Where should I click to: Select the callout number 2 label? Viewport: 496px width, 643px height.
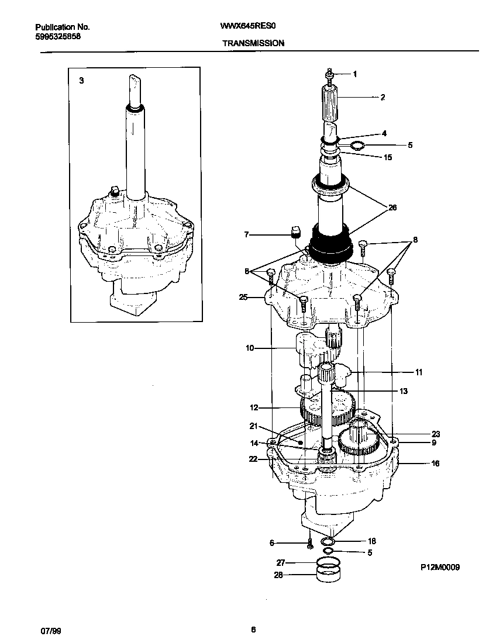tap(383, 98)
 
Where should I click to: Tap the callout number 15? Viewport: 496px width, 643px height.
tap(387, 157)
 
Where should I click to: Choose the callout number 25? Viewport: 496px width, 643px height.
tap(243, 298)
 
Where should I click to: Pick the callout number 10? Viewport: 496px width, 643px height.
tap(250, 348)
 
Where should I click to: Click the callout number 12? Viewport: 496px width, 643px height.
tap(254, 407)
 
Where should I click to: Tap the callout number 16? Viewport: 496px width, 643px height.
tap(435, 464)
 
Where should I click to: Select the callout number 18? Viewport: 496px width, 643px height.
tap(372, 541)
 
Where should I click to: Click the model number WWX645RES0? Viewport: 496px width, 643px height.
tap(251, 27)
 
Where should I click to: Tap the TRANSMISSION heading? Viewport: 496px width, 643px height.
tap(253, 43)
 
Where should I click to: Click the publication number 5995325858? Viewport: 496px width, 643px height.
tap(58, 36)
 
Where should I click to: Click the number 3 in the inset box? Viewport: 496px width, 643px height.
tap(81, 80)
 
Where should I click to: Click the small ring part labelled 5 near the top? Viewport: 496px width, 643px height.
tap(357, 146)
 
